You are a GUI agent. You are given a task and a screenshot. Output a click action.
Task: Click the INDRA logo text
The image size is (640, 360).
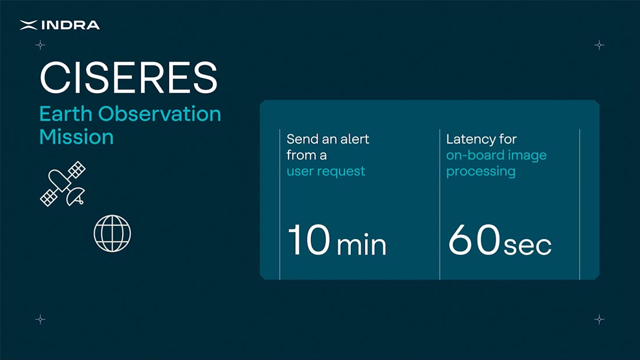point(70,26)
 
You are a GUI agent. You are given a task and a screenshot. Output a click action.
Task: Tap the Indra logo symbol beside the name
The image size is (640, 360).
point(29,26)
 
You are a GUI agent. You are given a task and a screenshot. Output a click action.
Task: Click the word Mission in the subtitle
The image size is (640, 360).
point(76,137)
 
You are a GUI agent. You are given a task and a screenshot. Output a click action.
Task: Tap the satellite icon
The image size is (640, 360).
point(63,184)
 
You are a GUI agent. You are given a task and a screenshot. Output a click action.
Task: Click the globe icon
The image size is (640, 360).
point(112,233)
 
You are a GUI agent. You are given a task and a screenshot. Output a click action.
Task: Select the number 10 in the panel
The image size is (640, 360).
point(309,240)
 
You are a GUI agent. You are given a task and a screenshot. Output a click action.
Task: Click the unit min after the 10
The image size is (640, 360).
point(362,245)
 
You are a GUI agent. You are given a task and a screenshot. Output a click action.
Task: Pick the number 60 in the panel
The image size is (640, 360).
point(474,240)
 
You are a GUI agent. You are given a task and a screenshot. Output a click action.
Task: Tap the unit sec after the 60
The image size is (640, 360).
point(528,246)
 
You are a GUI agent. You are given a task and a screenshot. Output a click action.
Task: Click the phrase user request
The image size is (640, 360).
point(326,172)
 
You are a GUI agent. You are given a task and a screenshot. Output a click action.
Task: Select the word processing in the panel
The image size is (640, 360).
point(481,172)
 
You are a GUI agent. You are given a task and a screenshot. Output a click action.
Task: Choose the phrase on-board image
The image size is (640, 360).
point(496,155)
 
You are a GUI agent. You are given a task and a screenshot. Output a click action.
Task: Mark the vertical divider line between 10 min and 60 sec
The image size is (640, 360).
point(440,204)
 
